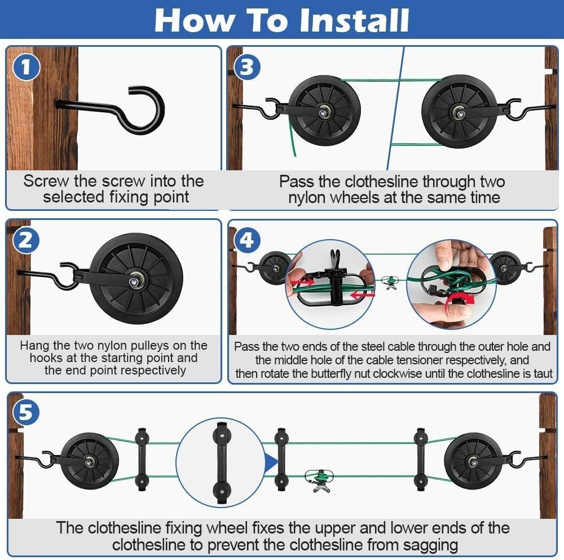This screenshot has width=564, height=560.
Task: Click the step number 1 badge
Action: click(x=26, y=68)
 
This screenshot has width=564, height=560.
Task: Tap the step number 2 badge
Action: click(x=26, y=241)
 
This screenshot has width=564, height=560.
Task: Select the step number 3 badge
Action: click(x=246, y=68)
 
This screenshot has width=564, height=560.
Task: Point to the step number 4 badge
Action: click(x=246, y=241)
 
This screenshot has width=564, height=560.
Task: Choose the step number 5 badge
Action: click(x=26, y=413)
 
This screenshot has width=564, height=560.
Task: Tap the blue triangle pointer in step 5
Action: click(x=271, y=462)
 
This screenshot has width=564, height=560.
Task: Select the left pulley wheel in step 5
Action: click(x=89, y=461)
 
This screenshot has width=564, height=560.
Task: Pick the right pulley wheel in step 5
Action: click(x=473, y=461)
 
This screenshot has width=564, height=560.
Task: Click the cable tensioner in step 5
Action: click(x=318, y=479)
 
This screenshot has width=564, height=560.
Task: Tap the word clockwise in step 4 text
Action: click(x=396, y=374)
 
